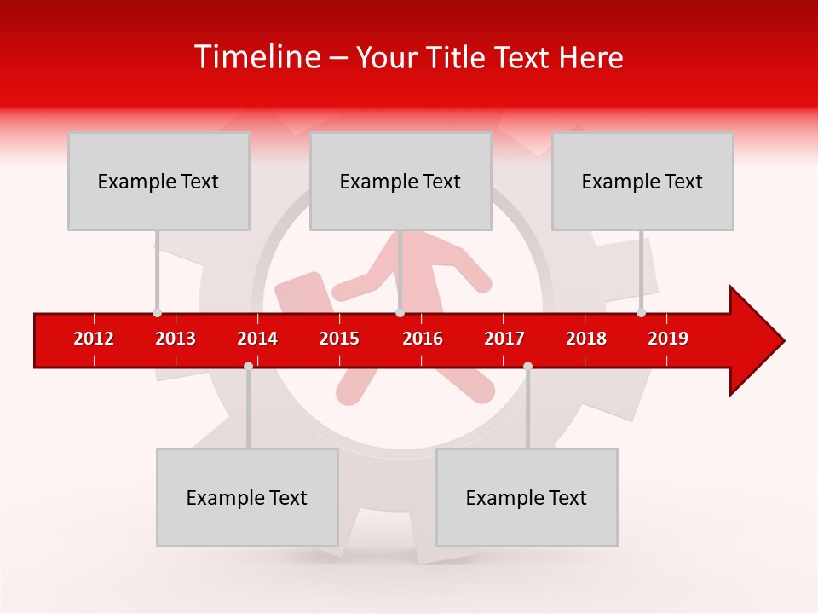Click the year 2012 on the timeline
pyautogui.click(x=94, y=339)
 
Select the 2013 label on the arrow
pyautogui.click(x=176, y=339)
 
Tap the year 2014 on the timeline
pyautogui.click(x=257, y=339)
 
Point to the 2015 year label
pyautogui.click(x=339, y=339)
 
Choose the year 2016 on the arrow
pyautogui.click(x=423, y=339)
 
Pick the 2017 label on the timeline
pyautogui.click(x=504, y=339)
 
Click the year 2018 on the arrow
pyautogui.click(x=586, y=339)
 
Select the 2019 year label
pyautogui.click(x=668, y=339)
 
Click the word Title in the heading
pyautogui.click(x=458, y=57)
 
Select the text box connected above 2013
pyautogui.click(x=158, y=181)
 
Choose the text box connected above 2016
pyautogui.click(x=400, y=181)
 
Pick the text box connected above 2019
pyautogui.click(x=642, y=181)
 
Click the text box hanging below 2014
pyautogui.click(x=247, y=497)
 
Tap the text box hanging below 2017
pyautogui.click(x=527, y=497)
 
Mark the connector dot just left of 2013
pyautogui.click(x=157, y=312)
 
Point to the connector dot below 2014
pyautogui.click(x=248, y=366)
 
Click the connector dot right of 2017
pyautogui.click(x=527, y=366)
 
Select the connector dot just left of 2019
pyautogui.click(x=641, y=312)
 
